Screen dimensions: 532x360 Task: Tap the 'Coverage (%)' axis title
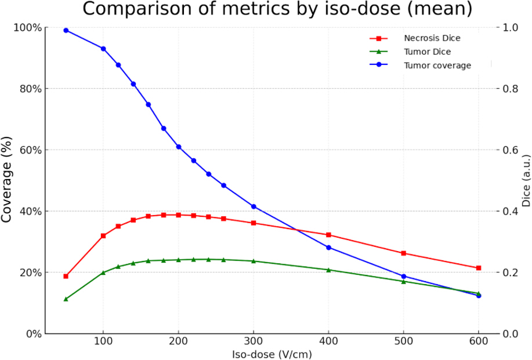click(x=6, y=180)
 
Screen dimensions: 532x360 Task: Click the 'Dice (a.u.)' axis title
click(x=526, y=181)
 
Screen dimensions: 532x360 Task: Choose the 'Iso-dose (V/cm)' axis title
click(x=272, y=354)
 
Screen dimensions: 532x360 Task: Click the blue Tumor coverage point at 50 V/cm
click(x=66, y=31)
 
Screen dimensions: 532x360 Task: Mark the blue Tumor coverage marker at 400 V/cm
click(x=328, y=248)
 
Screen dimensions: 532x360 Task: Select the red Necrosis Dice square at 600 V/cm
click(x=479, y=268)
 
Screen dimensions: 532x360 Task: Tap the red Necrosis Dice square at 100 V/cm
click(x=103, y=235)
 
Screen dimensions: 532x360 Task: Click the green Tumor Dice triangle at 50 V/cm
click(x=66, y=299)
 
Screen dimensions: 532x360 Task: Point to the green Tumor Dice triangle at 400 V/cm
click(x=328, y=270)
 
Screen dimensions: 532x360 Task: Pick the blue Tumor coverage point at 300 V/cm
click(x=254, y=206)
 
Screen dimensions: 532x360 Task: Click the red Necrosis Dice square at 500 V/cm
click(x=403, y=253)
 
